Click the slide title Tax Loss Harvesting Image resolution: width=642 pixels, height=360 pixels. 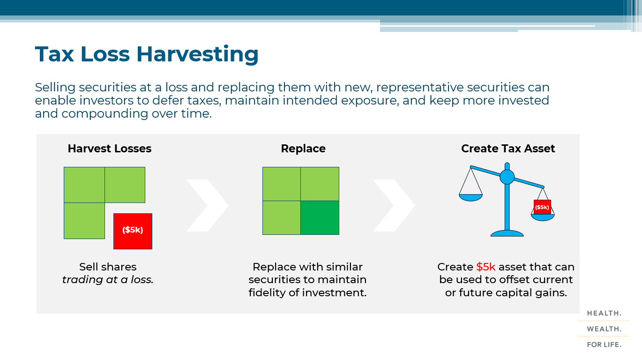147,54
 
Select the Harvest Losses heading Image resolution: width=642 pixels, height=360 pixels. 109,149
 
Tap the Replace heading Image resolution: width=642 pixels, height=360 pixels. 303,149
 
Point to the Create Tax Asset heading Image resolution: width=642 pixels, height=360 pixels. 508,149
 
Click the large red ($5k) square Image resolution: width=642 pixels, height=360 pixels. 133,231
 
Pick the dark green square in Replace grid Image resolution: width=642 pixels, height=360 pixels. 320,217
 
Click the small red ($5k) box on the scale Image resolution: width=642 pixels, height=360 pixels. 542,207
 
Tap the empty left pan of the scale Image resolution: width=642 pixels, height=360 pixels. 470,197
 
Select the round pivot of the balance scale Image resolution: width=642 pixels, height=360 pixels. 507,177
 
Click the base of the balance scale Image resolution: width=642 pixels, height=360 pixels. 507,233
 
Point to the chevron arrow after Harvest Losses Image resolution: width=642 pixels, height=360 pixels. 207,205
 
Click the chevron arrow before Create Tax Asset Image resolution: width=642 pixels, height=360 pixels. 394,205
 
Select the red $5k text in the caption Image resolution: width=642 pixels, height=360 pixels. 485,267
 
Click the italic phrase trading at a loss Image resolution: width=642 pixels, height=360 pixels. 108,280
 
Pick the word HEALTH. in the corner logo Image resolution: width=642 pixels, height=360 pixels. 604,313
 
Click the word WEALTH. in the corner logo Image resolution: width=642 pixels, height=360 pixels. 604,329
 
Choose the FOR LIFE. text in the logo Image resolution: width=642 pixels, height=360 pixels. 604,345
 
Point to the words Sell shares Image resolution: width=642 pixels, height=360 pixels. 108,267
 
